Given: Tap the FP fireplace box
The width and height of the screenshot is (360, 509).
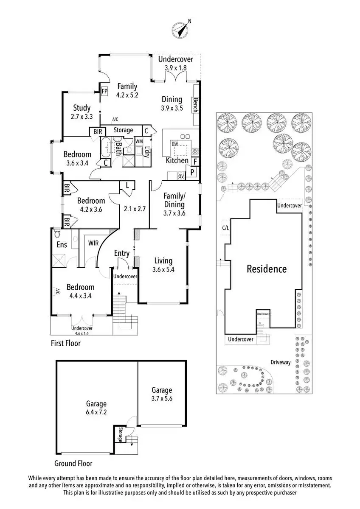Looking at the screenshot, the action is coord(104,92).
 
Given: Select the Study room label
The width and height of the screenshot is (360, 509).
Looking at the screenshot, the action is coord(82,108).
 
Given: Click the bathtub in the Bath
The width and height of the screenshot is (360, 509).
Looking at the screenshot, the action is coord(106,147).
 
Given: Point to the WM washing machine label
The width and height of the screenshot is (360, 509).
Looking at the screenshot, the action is coord(139,141).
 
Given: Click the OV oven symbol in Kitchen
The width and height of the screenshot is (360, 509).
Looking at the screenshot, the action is coord(181,176).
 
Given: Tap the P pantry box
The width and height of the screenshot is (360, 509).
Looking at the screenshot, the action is coord(192,172).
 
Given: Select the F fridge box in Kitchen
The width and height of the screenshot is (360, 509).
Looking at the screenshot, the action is coord(195,162).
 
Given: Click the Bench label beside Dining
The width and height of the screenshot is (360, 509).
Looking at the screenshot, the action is coord(195,105).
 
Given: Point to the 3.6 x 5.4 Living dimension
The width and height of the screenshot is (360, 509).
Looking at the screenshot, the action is coord(163,270).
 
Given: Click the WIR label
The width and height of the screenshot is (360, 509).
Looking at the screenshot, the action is coord(93,243).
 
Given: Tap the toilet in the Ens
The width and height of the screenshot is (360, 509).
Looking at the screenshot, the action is coord(57,233).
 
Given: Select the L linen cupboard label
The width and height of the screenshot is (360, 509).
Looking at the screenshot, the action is coord(127,185).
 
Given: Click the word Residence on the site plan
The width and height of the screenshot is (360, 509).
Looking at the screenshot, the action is coord(267,269).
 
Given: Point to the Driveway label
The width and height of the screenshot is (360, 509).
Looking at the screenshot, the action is coord(281,362).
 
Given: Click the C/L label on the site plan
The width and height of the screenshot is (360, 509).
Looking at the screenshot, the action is coord(225,228).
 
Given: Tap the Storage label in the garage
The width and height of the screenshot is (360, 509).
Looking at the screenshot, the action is coord(120,435).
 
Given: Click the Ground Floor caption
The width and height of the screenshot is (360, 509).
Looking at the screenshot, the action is coord(73,463).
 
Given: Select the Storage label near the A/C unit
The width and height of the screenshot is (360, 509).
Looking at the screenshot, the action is coord(123,130).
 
